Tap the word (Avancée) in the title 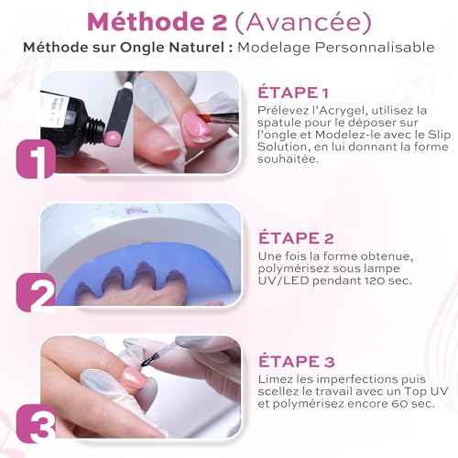pyautogui.click(x=303, y=19)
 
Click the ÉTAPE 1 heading pyautogui.click(x=296, y=93)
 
